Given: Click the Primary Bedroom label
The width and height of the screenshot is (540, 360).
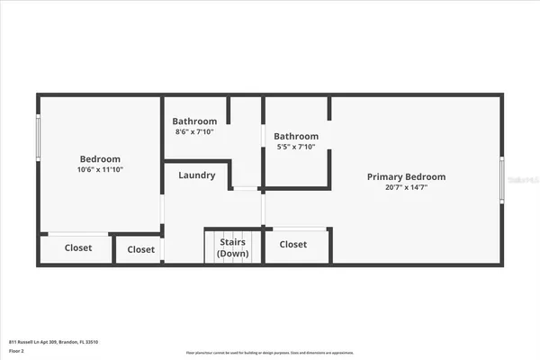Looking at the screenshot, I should click(406, 176).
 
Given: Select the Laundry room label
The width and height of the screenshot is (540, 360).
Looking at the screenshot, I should click(196, 175).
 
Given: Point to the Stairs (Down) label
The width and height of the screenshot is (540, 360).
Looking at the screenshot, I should click(232, 247).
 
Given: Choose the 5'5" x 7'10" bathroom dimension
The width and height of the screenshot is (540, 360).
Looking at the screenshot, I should click(296, 148).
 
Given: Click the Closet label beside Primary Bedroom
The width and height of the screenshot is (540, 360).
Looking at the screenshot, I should click(292, 245).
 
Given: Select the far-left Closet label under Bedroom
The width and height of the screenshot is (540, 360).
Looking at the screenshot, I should click(78, 247).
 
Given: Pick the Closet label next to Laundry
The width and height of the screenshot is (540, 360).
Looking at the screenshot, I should click(140, 249).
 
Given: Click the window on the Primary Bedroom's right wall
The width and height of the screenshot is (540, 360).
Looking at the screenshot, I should click(501, 180).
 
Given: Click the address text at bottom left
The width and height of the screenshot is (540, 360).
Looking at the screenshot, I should click(53, 342).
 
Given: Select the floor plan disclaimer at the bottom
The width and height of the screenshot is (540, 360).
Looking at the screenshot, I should click(270, 352).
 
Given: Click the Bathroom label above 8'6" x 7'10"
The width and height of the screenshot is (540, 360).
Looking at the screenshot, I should click(195, 121).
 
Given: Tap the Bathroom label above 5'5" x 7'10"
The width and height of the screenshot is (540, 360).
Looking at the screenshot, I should click(296, 136).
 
